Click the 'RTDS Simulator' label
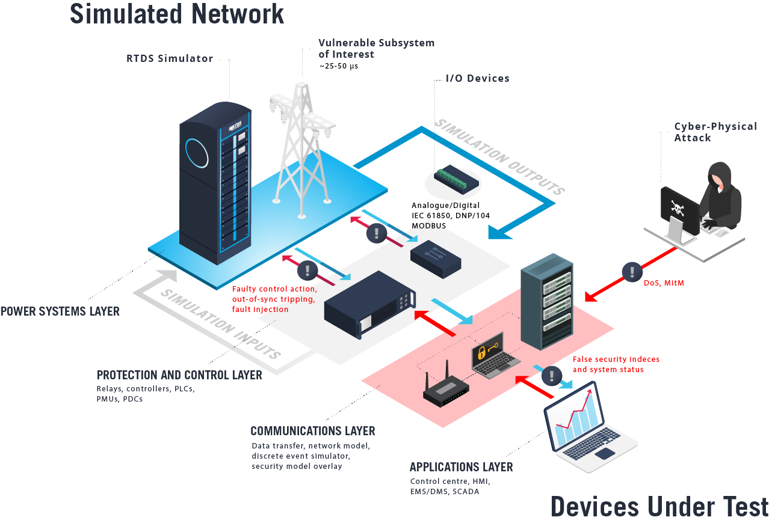point(170,59)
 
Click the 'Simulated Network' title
point(177,13)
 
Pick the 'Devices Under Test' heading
point(659,507)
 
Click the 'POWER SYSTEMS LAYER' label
point(60,311)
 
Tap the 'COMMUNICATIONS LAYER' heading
point(313,431)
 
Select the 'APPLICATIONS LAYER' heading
point(461,467)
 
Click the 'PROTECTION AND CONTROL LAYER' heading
point(179,375)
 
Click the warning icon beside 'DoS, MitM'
point(632,272)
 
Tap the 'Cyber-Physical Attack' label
point(715,132)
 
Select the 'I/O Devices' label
point(477,78)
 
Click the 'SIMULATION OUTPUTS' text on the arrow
point(499,156)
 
